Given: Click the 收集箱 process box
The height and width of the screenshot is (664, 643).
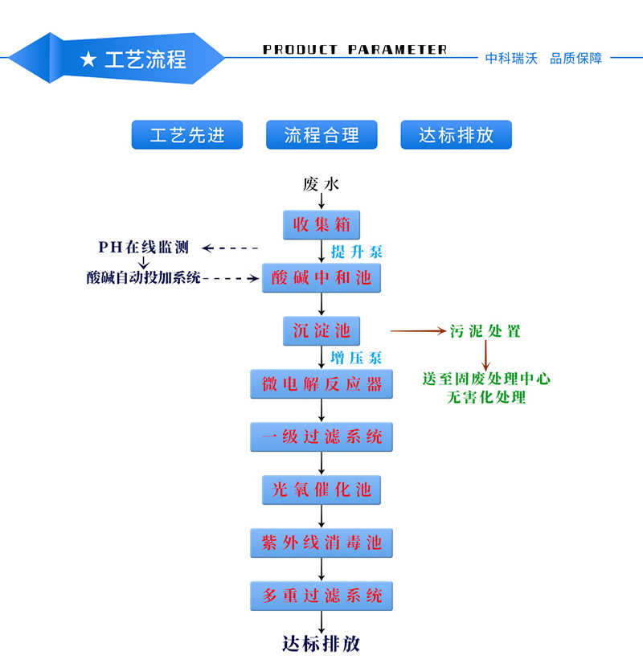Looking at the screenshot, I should [321, 224].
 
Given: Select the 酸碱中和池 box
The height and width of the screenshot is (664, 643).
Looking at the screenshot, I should [321, 277].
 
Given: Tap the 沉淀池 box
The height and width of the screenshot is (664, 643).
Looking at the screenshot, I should [321, 330].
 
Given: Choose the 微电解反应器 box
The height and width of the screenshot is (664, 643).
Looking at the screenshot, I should [321, 383].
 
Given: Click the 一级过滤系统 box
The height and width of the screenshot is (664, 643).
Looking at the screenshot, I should [321, 437].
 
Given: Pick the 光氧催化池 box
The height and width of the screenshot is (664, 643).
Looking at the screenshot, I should [321, 490].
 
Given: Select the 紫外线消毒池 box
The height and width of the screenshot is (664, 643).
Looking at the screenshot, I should [321, 543].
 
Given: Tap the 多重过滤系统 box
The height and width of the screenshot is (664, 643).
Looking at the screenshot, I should [321, 596].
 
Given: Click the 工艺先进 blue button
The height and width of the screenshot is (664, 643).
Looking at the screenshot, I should [187, 135].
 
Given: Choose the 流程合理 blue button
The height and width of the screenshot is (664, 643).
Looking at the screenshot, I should [321, 135].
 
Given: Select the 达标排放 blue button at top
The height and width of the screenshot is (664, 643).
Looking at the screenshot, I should [456, 135].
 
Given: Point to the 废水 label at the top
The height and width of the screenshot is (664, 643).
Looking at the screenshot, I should [321, 184].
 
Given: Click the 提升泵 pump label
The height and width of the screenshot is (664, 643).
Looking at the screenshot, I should [357, 252].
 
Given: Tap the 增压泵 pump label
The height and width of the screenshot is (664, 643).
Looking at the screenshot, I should [357, 358].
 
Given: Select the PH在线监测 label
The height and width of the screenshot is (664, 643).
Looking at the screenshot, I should [144, 247].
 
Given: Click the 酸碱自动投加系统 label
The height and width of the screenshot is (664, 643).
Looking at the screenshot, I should [144, 278].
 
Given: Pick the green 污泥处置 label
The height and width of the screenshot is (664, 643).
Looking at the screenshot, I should [485, 331].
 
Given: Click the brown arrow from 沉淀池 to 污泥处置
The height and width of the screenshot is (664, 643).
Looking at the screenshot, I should [417, 331].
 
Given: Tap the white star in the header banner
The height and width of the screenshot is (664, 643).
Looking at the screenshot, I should [88, 59].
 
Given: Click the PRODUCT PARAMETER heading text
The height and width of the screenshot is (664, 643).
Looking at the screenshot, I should [354, 50].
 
